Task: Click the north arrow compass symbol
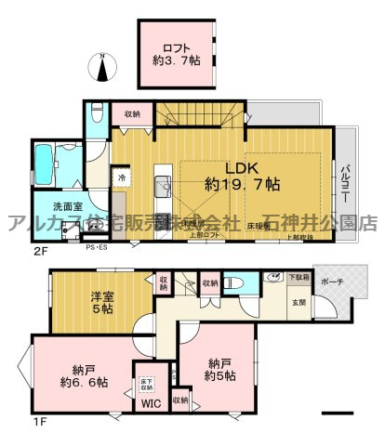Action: click(101, 68)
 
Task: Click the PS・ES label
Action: click(96, 248)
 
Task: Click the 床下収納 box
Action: click(146, 375)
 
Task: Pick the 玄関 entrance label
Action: click(299, 300)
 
